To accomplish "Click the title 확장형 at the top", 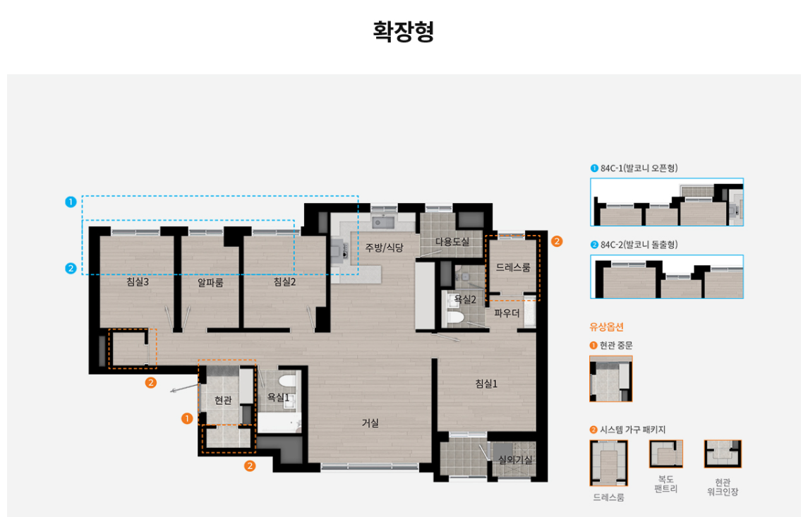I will click(403, 32).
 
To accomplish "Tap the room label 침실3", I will click(137, 282).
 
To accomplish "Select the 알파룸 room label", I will click(210, 283).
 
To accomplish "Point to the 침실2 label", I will click(284, 282).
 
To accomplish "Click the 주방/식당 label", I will click(384, 247).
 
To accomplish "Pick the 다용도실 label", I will click(452, 242).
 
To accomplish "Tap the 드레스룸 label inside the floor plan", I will click(513, 267).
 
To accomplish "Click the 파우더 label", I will click(507, 312).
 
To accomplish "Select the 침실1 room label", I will click(486, 384).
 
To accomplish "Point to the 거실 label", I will click(370, 423).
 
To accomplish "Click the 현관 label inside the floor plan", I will click(223, 401).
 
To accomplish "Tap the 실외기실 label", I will click(515, 460).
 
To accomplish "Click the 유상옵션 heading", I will click(606, 327).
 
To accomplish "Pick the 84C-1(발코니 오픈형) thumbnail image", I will click(666, 202).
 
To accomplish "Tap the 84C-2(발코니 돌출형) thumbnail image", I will click(666, 276).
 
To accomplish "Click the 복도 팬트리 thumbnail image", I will click(665, 454).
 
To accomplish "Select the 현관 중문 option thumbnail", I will click(610, 379).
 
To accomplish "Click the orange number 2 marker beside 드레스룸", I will click(557, 241).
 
